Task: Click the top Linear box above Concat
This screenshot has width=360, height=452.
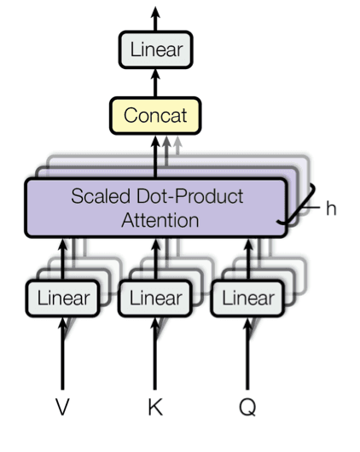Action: coord(156,49)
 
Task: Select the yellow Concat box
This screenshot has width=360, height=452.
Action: coord(155,116)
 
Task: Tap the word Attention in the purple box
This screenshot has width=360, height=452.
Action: coord(160,221)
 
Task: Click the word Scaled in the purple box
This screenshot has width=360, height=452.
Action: coord(101,196)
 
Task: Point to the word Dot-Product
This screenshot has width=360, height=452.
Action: coord(190,196)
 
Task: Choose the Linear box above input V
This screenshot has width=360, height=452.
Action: coord(63,298)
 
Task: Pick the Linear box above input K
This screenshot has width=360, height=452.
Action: coord(155,298)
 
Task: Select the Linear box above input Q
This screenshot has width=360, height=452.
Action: coord(247,298)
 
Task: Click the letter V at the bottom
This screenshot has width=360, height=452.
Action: coord(62,407)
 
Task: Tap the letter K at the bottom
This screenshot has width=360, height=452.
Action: coord(155,407)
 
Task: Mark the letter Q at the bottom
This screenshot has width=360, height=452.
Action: coord(247,408)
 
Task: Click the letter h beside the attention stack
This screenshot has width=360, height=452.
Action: coord(331,207)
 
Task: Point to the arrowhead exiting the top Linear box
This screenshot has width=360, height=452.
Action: coord(156,13)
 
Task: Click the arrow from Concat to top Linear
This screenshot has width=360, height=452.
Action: coord(156,83)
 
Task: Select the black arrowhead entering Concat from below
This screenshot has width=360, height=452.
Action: coord(156,142)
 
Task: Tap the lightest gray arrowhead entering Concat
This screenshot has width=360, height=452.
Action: coord(177,142)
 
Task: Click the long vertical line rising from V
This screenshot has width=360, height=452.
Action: coord(62,354)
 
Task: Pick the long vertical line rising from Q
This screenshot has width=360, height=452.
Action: coord(247,354)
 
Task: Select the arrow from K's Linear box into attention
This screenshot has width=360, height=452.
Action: coord(156,259)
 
